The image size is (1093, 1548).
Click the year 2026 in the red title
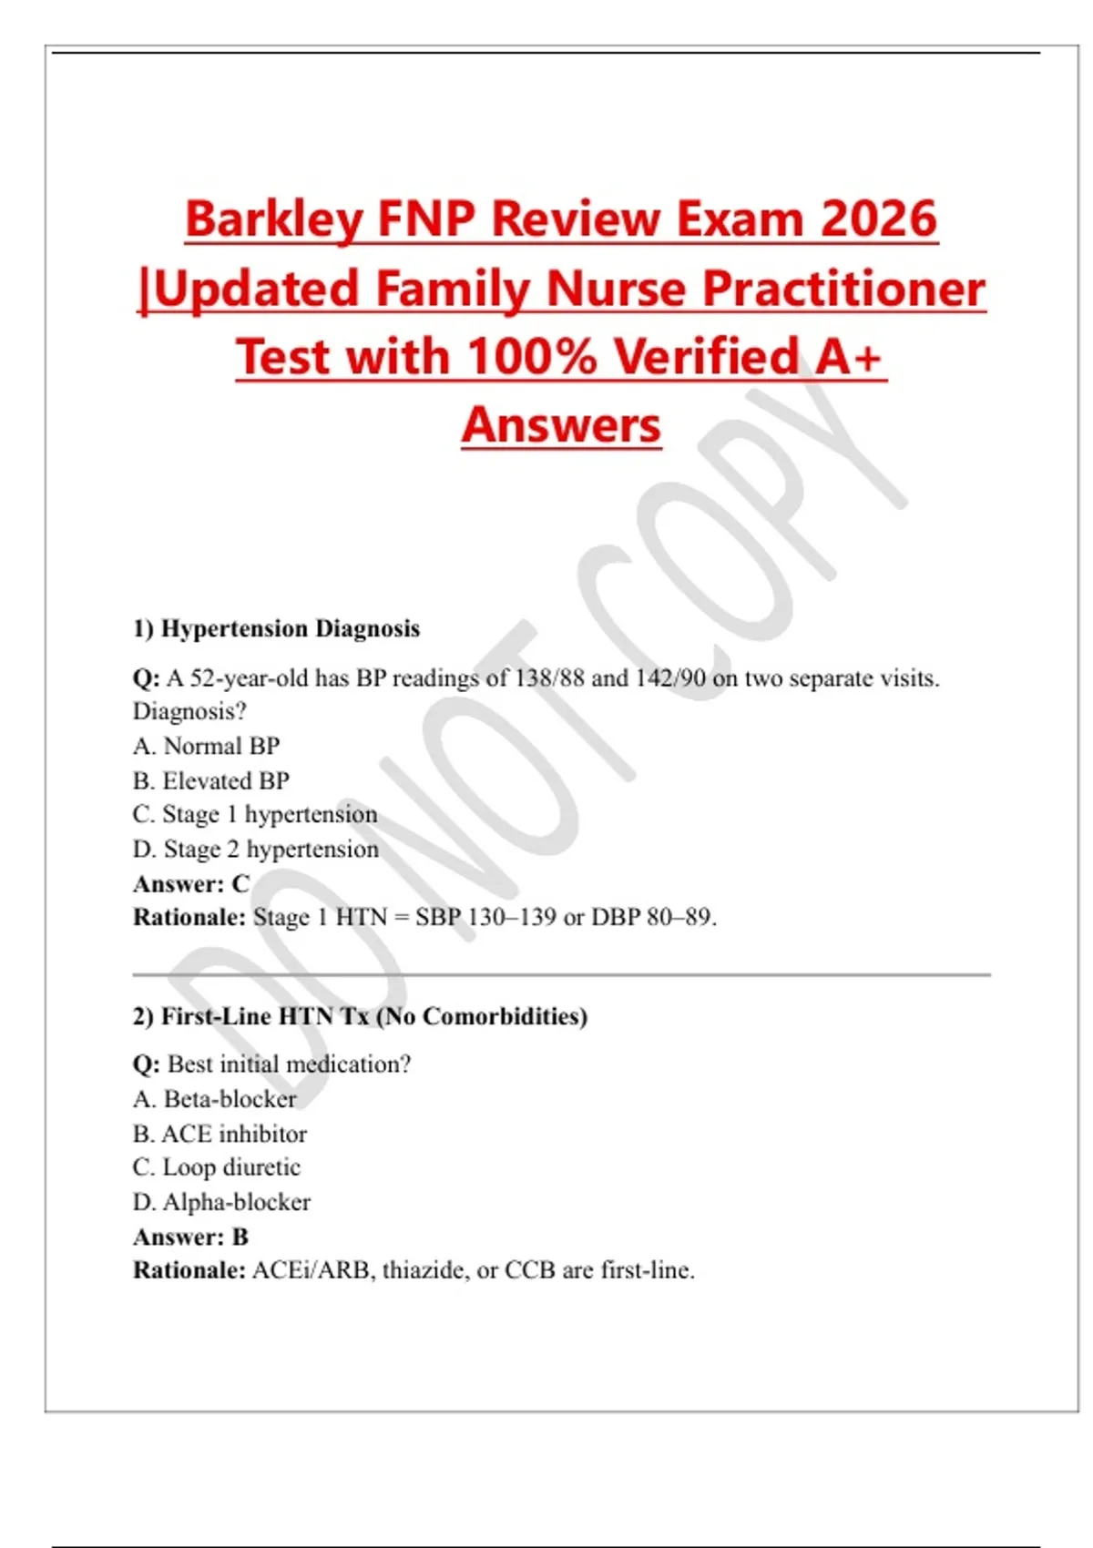[x=878, y=219]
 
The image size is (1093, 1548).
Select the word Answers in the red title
[x=561, y=425]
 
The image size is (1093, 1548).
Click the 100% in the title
[x=532, y=356]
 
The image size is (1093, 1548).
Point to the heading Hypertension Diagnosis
[x=290, y=628]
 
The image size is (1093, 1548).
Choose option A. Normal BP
[x=206, y=746]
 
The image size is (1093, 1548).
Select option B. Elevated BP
[x=211, y=780]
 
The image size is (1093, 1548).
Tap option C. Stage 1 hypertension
[x=255, y=814]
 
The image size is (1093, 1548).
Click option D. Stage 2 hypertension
[x=256, y=849]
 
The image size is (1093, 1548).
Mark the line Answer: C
[x=191, y=883]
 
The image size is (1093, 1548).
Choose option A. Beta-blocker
[x=215, y=1099]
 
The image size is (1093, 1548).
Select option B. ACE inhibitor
[x=220, y=1134]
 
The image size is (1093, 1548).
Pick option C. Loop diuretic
[x=217, y=1167]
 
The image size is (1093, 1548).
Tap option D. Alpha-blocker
[x=222, y=1202]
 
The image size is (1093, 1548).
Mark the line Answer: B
[x=190, y=1237]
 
